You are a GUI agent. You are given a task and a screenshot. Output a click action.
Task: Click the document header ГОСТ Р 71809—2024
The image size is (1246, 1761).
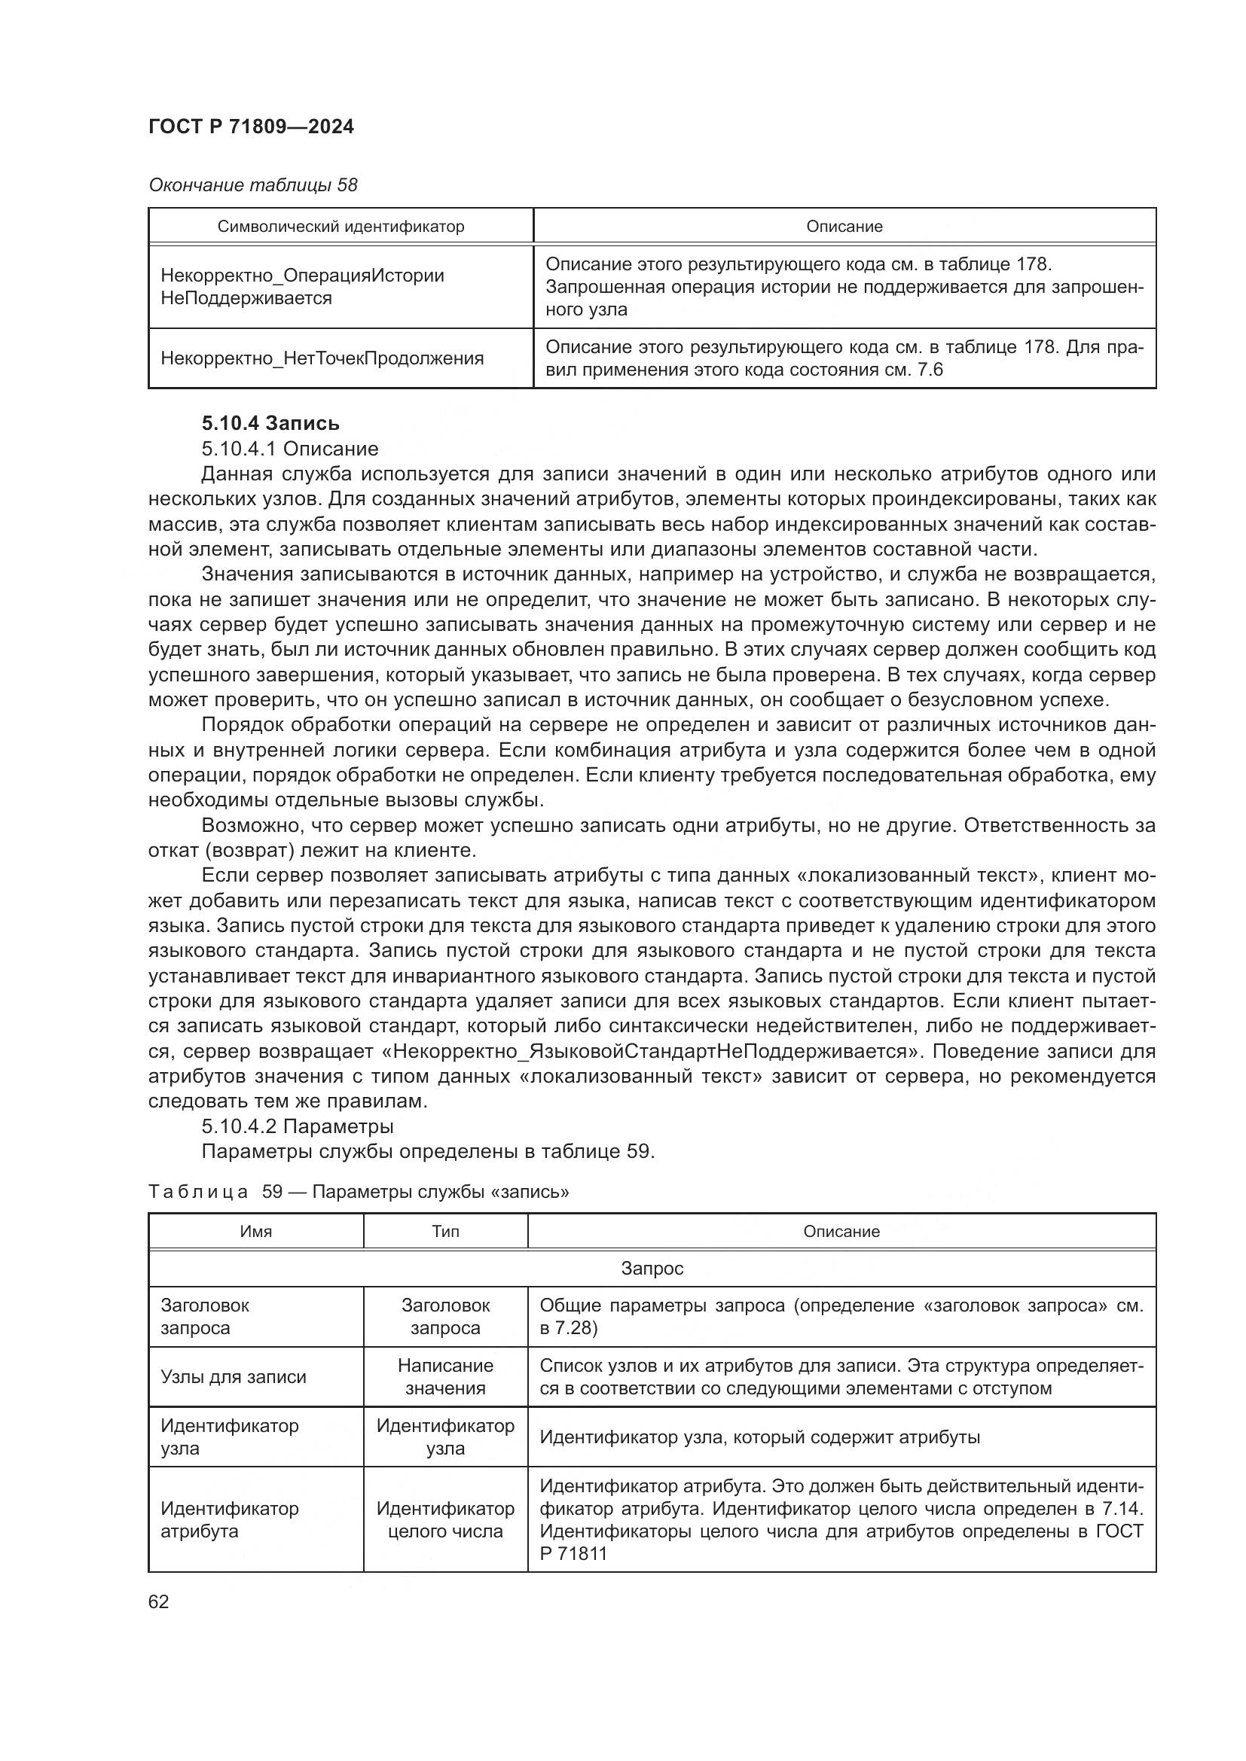pos(251,126)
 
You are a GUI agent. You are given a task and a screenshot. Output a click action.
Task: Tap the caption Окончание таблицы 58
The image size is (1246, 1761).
pos(252,185)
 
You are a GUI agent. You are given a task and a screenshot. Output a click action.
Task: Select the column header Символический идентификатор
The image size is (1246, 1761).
pos(341,227)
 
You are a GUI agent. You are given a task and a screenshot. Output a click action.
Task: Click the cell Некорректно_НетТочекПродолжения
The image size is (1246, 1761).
pos(322,358)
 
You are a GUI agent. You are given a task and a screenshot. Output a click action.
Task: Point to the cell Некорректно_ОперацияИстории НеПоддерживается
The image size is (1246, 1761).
pos(302,287)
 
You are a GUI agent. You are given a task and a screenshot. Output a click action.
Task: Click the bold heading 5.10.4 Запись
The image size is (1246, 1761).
pos(270,423)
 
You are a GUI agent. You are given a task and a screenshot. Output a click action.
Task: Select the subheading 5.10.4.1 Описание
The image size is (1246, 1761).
pos(289,449)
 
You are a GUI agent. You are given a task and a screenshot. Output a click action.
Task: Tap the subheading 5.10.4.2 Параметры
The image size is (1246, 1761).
pos(297,1127)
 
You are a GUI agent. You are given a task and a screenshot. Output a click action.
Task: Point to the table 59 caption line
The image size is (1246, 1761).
pos(359,1192)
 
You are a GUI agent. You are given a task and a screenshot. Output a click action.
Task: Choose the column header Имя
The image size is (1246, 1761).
pos(255,1232)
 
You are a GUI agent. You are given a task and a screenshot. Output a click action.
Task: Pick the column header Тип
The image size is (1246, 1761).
pos(445,1232)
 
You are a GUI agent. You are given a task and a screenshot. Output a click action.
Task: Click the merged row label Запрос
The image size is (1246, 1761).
pos(652,1269)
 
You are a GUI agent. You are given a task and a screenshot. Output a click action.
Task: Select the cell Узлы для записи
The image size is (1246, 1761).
pos(234,1377)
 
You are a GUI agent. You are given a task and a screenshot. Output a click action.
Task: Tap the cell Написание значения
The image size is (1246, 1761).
pos(445,1377)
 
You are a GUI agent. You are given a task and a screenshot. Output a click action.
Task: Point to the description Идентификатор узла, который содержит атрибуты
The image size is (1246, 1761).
pos(759,1437)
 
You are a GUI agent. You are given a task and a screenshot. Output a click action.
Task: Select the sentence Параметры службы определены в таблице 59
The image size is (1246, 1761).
pos(427,1152)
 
